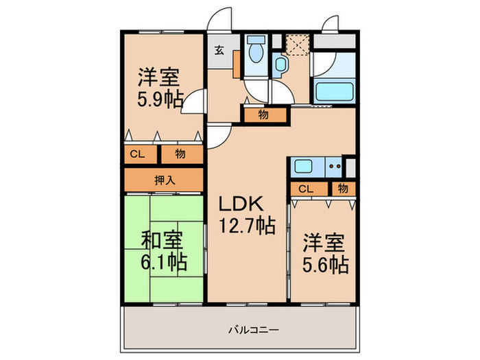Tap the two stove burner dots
pos(335,165)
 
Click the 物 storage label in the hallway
pos(263,115)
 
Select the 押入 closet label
pos(163,181)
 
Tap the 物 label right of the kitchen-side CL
pos(342,189)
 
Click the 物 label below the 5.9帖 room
pos(180,154)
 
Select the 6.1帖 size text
pos(164,261)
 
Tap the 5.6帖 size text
pos(326,264)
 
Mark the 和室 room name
pos(163,240)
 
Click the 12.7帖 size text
pos(248,224)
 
